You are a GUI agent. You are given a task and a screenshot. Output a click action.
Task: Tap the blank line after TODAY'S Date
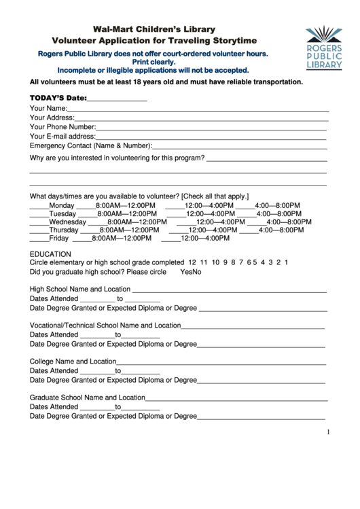[x=118, y=99]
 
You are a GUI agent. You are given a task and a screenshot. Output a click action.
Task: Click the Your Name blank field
[x=198, y=109]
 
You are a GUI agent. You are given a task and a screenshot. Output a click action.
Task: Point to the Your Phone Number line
[x=211, y=127]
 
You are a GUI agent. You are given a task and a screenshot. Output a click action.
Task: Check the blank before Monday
[x=39, y=207]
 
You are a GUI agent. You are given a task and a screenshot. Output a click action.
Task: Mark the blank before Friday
[x=39, y=239]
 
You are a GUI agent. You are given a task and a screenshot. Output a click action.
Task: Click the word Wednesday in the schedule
[x=67, y=222]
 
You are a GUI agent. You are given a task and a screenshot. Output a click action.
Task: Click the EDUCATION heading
[x=51, y=254]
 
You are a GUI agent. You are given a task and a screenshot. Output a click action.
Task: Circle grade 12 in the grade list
[x=193, y=262]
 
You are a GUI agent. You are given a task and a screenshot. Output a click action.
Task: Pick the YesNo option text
[x=191, y=272]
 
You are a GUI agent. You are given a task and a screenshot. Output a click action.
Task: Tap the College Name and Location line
[x=221, y=362]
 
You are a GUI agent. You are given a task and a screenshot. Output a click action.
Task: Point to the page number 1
[x=328, y=432]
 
